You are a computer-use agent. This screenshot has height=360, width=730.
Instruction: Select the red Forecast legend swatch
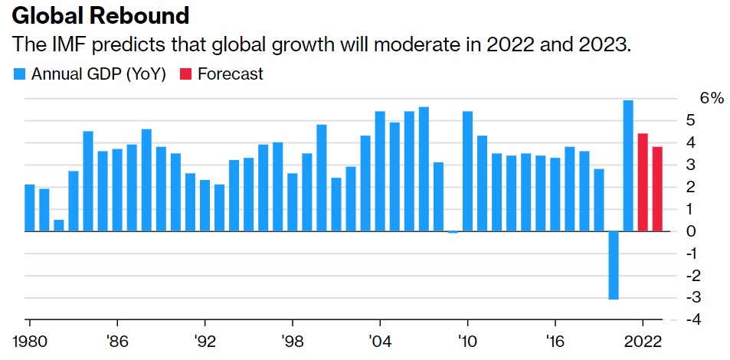[185, 74]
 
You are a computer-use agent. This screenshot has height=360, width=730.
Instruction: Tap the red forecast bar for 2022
[643, 182]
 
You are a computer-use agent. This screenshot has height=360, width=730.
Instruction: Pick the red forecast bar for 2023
[657, 188]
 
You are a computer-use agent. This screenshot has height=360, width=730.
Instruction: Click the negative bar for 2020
[614, 265]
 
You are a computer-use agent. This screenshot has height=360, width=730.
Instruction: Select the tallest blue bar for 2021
[628, 165]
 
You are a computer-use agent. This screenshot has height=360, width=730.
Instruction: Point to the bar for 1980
[30, 208]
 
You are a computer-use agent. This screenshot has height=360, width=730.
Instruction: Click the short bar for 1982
[59, 225]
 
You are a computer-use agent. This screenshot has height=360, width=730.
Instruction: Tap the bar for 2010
[467, 171]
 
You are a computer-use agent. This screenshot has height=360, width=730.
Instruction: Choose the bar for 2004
[380, 171]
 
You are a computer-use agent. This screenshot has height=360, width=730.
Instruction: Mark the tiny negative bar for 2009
[453, 231]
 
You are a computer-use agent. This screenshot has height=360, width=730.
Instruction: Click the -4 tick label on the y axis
[691, 319]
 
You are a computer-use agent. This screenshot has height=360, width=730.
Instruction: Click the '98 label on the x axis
[290, 341]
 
